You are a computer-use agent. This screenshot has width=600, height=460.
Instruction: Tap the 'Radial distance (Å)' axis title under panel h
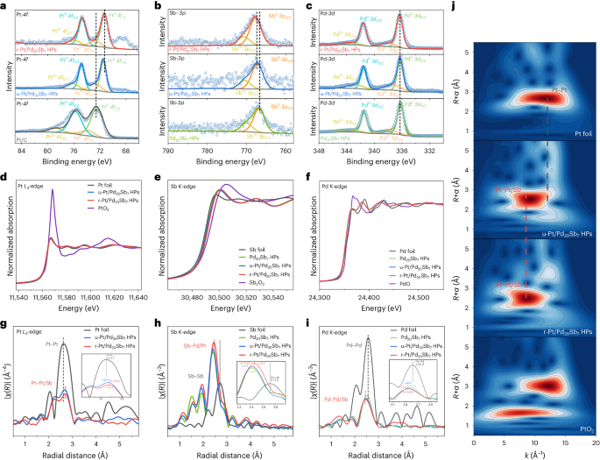pos(227,453)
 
